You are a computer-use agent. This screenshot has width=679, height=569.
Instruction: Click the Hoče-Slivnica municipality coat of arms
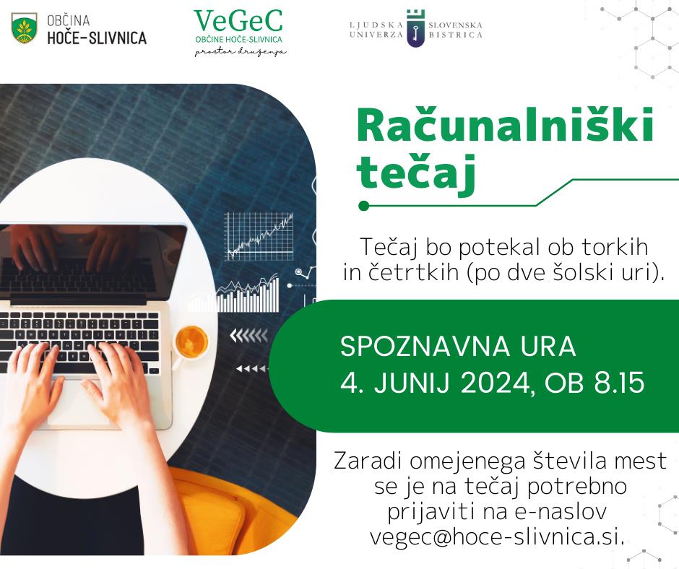coord(25,29)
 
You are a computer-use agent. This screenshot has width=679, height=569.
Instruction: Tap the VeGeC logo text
coord(238,21)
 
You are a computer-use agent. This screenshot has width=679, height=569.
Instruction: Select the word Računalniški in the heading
coord(505,126)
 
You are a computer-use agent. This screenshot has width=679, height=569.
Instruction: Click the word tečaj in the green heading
coord(416,173)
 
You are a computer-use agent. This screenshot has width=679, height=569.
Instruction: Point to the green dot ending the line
coord(364,206)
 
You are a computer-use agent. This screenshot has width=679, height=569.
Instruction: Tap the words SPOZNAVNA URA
coord(458,347)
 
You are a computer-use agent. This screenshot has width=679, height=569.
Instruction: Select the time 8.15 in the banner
coord(619,383)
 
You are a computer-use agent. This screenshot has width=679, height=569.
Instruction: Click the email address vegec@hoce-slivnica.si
coord(497,537)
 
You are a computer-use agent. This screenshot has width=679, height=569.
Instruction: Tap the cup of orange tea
coord(191,343)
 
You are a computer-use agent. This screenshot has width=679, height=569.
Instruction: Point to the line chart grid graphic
coord(259,236)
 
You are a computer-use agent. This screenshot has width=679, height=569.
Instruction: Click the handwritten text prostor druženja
coord(241,52)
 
